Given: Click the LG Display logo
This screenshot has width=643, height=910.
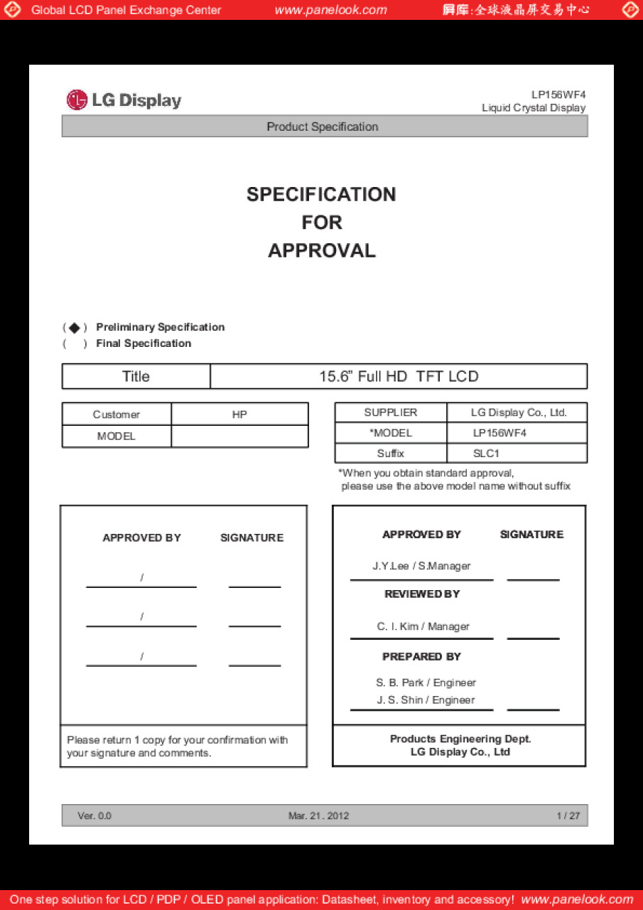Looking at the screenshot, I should (124, 100).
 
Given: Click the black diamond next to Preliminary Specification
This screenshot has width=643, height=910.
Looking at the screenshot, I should (75, 328).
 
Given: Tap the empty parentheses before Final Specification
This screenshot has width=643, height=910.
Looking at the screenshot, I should (75, 344).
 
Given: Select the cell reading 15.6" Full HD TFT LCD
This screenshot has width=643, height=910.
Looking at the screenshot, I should (399, 377).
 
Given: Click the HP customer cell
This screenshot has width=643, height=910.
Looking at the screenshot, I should (239, 414).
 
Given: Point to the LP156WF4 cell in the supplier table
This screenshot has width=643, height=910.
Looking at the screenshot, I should (499, 433).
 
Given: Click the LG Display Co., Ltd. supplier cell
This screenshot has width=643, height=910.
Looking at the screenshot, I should (518, 412).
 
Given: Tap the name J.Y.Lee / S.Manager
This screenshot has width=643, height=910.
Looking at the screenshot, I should (421, 567).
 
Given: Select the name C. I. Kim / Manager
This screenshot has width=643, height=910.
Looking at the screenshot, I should (423, 626).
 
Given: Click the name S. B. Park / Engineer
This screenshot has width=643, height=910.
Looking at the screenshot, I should (426, 682).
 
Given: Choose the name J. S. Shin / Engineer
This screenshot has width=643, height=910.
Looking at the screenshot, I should (426, 700).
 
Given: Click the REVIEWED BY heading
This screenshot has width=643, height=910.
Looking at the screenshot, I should (422, 594).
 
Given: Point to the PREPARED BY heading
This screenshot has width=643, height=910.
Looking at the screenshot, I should (421, 657).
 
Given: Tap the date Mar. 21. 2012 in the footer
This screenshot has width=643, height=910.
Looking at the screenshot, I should (318, 816).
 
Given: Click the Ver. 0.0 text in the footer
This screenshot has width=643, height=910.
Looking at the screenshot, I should (94, 816).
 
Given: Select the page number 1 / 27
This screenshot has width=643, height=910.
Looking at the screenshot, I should (568, 816).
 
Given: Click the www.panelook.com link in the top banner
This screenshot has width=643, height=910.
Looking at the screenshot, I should (330, 10).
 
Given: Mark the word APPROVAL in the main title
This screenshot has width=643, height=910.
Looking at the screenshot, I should (322, 251).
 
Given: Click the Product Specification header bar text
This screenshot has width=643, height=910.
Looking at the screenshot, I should (323, 127).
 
